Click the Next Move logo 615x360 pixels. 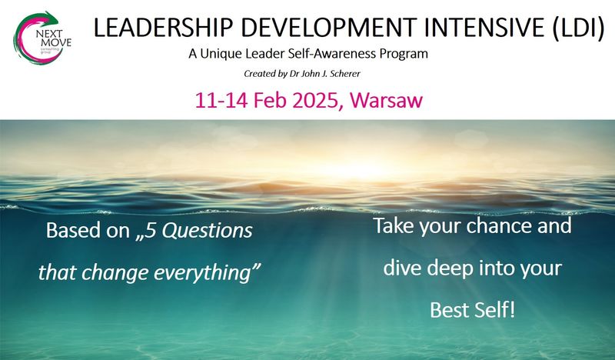pos(42,38)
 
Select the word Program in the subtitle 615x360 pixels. pos(404,54)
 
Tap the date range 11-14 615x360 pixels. pos(221,100)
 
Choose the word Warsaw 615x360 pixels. pos(387,100)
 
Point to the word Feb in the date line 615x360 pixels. pos(271,100)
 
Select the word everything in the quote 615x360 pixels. pos(208,273)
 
